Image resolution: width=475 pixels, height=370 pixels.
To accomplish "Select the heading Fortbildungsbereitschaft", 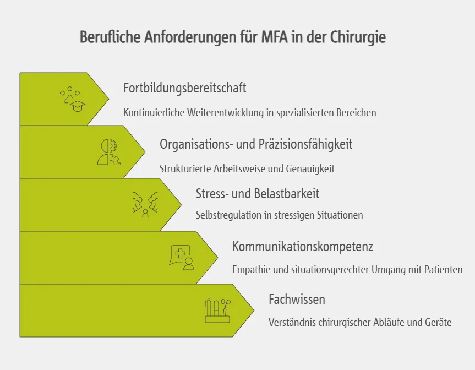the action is [184, 88].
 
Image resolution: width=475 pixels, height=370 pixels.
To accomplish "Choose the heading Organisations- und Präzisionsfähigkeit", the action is [256, 144].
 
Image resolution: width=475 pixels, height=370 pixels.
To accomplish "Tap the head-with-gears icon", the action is [108, 152].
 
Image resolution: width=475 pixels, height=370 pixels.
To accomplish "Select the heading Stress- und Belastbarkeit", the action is [258, 194].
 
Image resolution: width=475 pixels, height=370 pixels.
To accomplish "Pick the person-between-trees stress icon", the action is [145, 204].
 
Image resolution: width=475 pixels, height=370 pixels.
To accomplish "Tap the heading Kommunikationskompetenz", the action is [302, 247].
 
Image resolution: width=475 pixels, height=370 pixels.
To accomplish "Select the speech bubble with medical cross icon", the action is [182, 257].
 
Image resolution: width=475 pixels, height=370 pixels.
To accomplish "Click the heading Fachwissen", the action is [297, 300].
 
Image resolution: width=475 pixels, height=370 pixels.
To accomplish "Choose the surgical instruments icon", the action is [217, 310].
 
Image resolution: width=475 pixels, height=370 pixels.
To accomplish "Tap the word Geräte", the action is [438, 323].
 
